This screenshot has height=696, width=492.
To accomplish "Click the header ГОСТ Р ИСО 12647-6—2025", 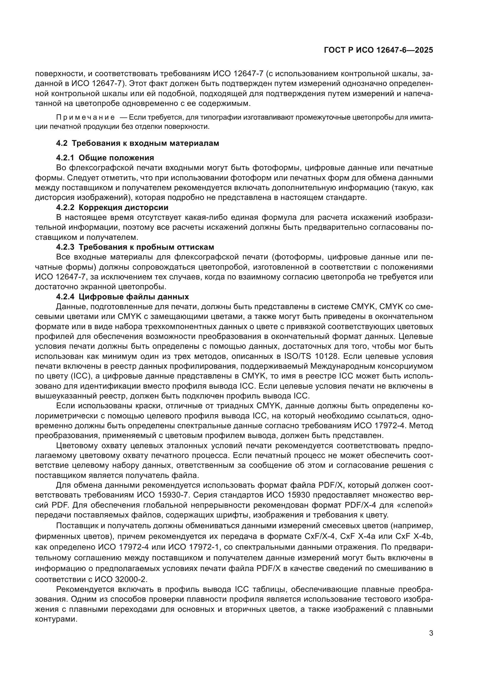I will pos(378,50).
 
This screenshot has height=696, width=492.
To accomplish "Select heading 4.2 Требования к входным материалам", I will pos(137,143).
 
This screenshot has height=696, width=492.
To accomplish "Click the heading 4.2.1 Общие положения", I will pos(105,158).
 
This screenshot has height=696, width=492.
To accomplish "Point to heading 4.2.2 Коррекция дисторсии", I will pos(112,208).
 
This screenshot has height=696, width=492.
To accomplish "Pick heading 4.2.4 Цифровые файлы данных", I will pos(122,296).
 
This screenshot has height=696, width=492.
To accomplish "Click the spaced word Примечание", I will pos(85,118).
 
